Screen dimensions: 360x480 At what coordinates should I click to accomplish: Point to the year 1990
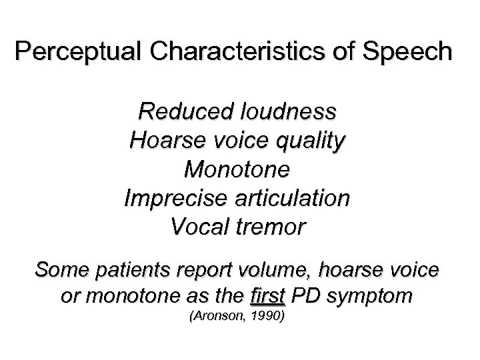pyautogui.click(x=270, y=317)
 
